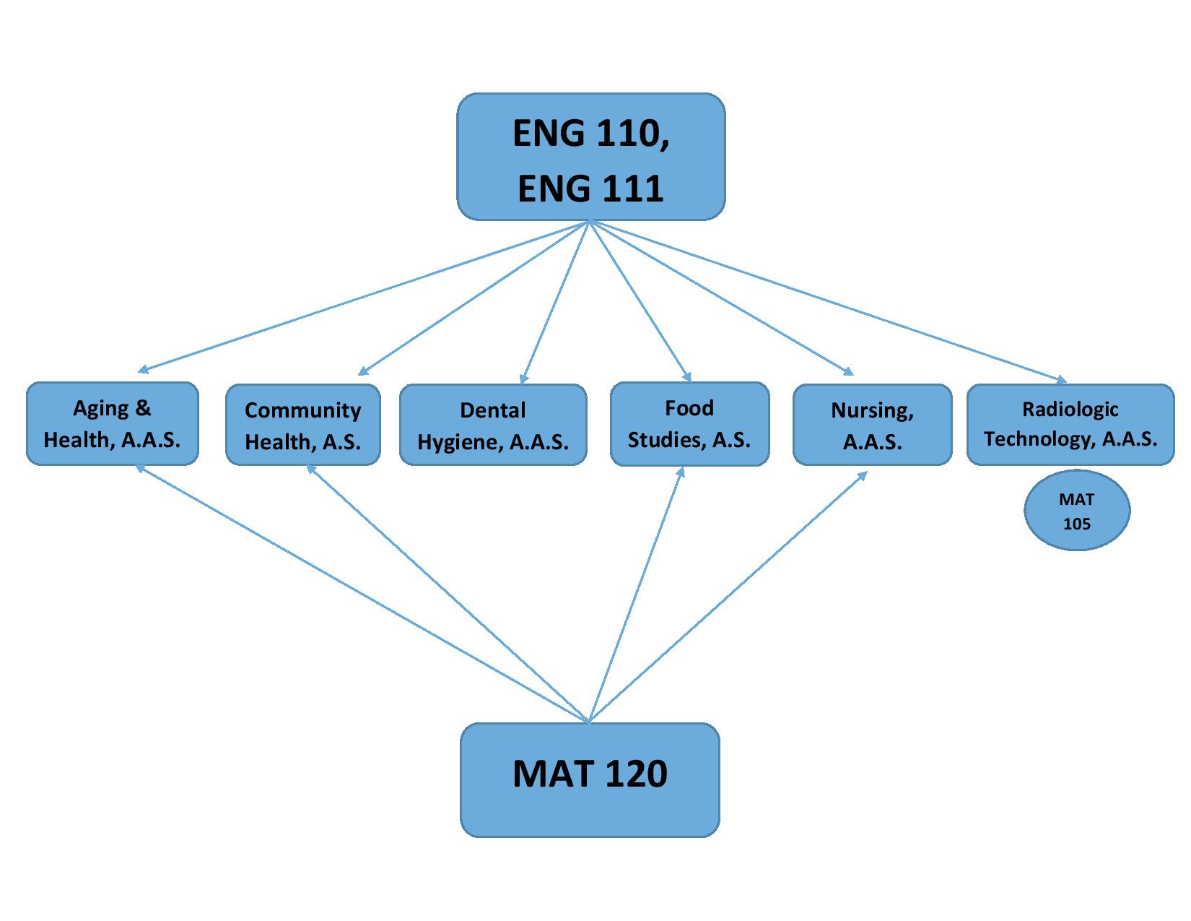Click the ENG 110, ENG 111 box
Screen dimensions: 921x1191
click(x=590, y=156)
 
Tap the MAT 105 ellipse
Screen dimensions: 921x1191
click(x=1076, y=510)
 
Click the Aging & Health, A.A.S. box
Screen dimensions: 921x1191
click(x=112, y=423)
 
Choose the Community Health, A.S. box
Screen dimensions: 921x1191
click(x=302, y=425)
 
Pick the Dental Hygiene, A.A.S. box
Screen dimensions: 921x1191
click(x=493, y=425)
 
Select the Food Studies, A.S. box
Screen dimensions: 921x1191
click(x=689, y=423)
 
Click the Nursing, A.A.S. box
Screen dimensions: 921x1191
click(x=872, y=425)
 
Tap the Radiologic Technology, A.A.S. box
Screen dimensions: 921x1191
click(x=1070, y=423)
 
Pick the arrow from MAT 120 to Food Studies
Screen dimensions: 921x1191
click(x=635, y=594)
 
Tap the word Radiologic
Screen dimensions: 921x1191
click(x=1070, y=410)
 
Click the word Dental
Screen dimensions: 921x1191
click(x=493, y=410)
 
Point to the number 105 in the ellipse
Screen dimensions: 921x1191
click(x=1076, y=523)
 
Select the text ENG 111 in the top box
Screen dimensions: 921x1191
click(x=590, y=188)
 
